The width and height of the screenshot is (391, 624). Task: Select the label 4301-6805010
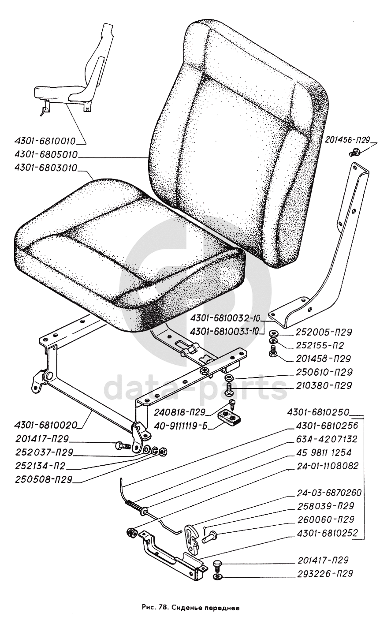tap(40, 155)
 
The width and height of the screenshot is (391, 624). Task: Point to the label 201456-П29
tap(348, 141)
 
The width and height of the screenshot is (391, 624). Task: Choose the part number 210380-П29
tap(319, 385)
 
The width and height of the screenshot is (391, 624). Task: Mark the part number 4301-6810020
tap(40, 426)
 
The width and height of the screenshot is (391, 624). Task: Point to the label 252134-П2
tap(39, 466)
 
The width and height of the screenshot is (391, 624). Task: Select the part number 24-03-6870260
tap(323, 493)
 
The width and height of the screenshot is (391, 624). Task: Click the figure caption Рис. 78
tap(191, 607)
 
